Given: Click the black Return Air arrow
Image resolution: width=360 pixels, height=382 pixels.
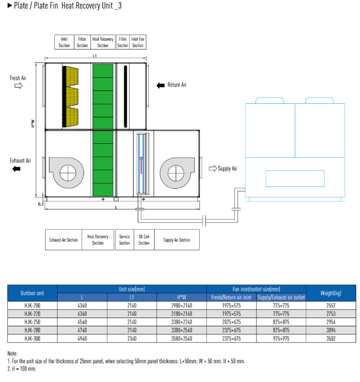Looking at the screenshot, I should [x=160, y=85].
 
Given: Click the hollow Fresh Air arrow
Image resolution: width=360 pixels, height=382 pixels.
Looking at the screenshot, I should [x=18, y=86].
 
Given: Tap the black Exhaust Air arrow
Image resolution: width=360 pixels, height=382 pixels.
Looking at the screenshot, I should [x=16, y=169].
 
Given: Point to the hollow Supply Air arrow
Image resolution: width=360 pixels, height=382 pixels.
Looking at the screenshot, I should [x=212, y=169].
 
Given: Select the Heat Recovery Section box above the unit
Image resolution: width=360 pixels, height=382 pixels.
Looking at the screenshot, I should [x=103, y=42].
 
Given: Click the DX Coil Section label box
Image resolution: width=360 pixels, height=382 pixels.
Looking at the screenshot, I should [x=144, y=240].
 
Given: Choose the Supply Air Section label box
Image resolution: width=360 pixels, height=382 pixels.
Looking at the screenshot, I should [x=177, y=240].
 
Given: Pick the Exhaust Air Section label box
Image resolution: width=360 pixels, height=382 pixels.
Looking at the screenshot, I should [x=63, y=240].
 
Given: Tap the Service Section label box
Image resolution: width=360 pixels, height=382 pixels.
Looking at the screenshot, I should [x=124, y=240].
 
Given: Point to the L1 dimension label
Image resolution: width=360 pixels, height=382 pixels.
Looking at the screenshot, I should [x=95, y=56].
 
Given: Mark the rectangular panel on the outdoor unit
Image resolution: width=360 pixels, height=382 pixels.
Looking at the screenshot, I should [x=295, y=178].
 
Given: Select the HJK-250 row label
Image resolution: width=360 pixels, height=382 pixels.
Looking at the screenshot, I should [x=32, y=321].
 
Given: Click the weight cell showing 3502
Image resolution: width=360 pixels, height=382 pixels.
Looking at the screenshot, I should [x=331, y=338].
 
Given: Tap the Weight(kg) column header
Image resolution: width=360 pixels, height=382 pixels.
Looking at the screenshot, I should [x=331, y=293].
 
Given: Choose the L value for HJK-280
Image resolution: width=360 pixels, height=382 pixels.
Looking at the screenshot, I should [x=82, y=330].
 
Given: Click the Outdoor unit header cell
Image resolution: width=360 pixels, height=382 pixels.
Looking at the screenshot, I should [x=32, y=293].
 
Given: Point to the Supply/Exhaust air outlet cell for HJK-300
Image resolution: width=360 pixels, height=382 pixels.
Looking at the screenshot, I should [x=281, y=338].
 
